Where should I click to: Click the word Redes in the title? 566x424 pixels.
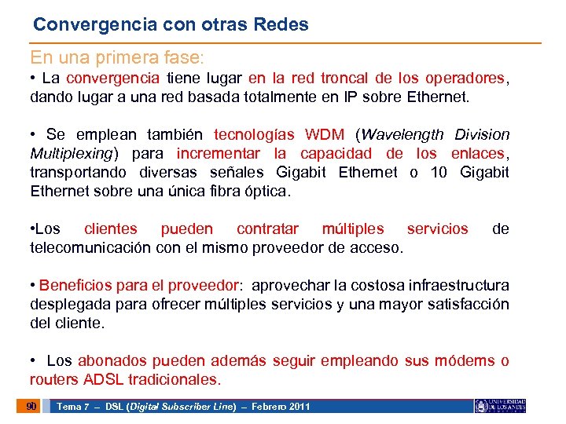[281, 24]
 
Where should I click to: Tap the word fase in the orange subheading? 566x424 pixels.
[186, 58]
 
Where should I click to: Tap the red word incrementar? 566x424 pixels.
[221, 153]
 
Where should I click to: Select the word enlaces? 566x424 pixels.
[479, 153]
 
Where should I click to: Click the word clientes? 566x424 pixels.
[110, 229]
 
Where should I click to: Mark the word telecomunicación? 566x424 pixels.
[92, 248]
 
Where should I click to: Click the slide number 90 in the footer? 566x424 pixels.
[31, 406]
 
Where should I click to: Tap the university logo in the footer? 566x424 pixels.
[499, 406]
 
